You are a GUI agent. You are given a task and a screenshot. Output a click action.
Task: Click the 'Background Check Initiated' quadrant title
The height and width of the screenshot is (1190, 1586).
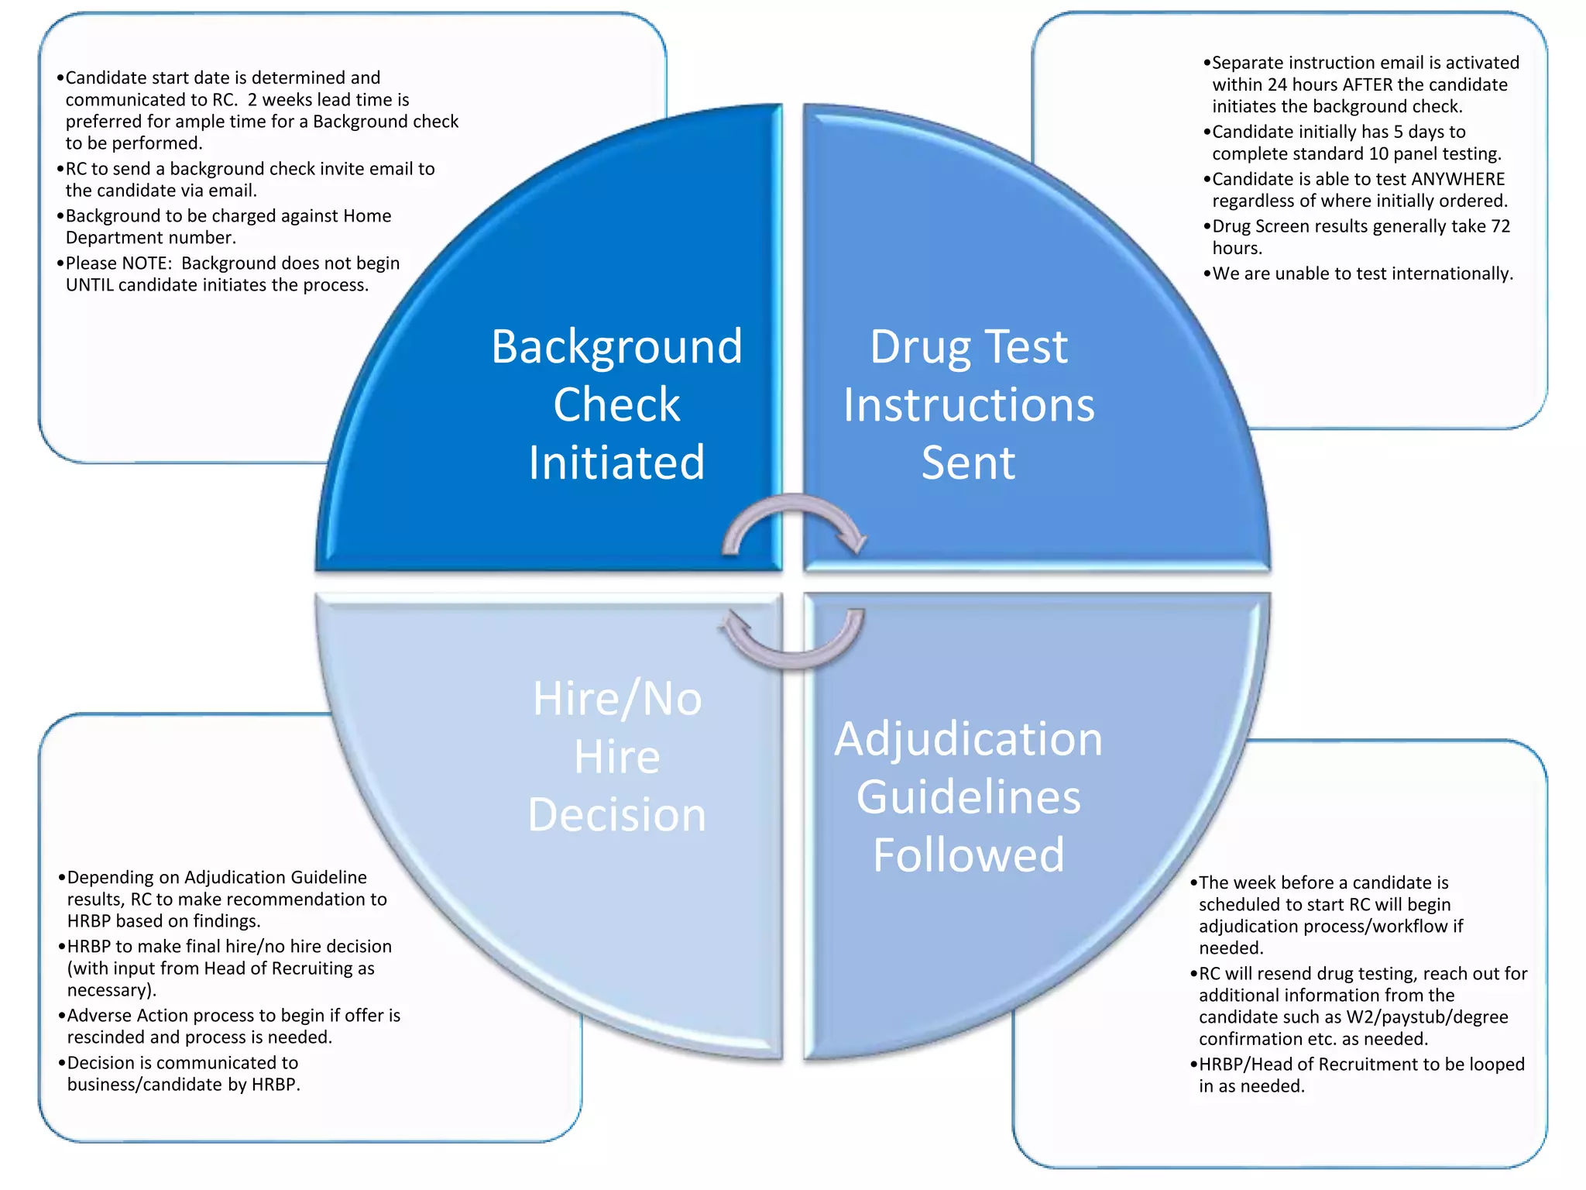(x=616, y=404)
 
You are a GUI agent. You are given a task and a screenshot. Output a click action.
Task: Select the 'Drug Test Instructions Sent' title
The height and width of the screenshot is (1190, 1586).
(x=968, y=404)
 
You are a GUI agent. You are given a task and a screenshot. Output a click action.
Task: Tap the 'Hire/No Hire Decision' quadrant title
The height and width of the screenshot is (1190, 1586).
(x=616, y=756)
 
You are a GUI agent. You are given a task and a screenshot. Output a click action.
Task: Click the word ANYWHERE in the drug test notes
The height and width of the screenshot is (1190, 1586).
(x=1457, y=179)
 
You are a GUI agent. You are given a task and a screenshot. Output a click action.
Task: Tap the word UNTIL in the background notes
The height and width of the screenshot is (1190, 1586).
(x=90, y=285)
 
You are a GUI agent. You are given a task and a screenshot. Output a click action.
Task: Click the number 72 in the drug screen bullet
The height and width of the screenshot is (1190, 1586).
(x=1500, y=226)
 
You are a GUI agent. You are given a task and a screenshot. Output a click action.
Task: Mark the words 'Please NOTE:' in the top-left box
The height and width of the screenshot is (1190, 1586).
(x=118, y=263)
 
